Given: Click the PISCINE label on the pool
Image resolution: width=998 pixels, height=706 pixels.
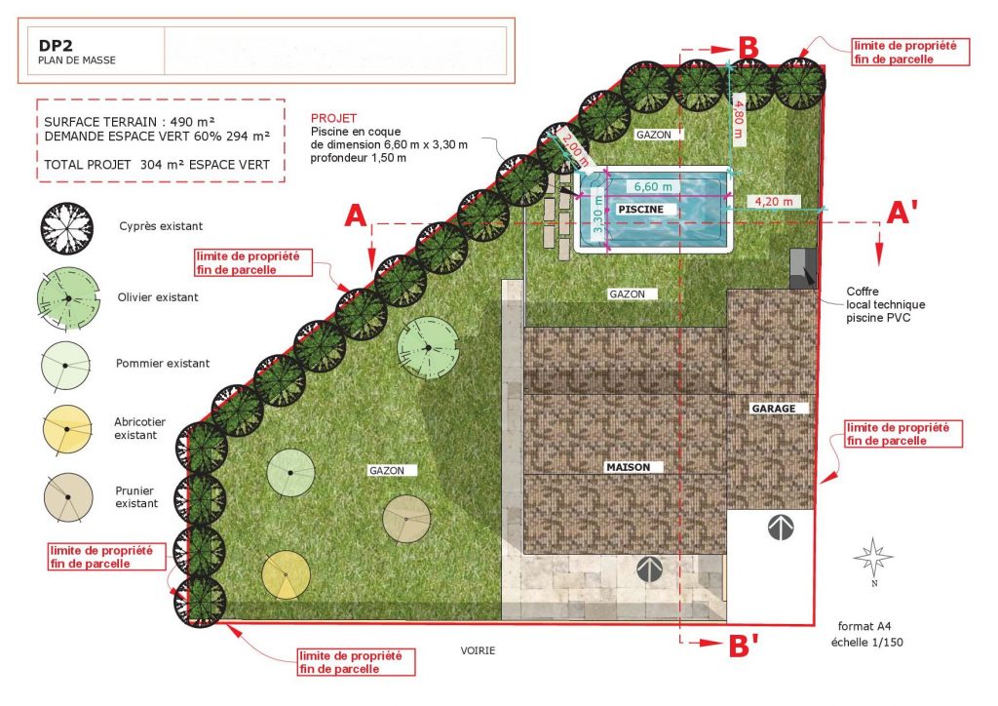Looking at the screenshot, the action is (640, 210).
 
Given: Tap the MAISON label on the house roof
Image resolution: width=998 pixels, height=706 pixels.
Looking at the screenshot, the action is (629, 467).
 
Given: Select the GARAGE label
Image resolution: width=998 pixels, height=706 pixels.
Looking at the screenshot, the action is (773, 409).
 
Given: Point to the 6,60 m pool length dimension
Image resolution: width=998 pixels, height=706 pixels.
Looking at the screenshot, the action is (653, 186).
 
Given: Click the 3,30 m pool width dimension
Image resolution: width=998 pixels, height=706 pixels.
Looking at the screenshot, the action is (597, 214).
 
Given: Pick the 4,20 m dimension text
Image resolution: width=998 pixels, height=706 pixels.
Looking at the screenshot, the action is (774, 202).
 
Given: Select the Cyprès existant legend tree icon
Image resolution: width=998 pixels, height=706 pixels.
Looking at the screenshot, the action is (67, 228).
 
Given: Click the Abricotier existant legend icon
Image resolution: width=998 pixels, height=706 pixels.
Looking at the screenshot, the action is (67, 430).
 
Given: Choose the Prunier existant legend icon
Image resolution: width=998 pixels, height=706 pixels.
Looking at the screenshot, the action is (68, 497).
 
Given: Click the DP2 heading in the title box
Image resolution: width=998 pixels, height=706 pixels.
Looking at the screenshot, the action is (56, 46).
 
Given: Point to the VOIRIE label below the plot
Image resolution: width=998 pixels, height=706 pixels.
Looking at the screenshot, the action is (478, 650).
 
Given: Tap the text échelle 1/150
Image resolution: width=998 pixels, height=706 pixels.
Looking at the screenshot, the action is (866, 643).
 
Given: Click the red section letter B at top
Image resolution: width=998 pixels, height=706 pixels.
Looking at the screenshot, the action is (748, 49).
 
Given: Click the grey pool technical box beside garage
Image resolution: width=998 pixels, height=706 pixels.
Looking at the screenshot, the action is (803, 268).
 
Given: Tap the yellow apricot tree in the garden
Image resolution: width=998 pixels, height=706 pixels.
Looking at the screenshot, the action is (286, 575).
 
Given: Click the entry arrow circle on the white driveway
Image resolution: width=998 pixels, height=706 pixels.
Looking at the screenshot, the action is (781, 528).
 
